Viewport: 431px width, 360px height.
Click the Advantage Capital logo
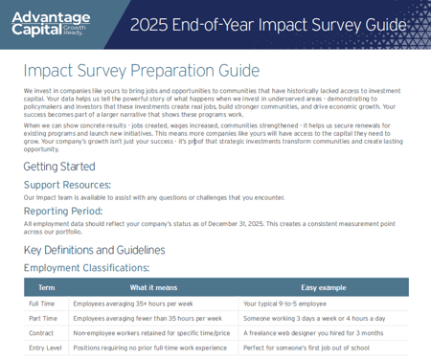pyautogui.click(x=51, y=23)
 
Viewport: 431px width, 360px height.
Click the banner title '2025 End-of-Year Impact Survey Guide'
pyautogui.click(x=267, y=25)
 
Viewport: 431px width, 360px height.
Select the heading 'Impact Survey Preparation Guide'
pyautogui.click(x=141, y=71)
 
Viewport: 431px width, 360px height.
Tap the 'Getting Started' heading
pyautogui.click(x=59, y=167)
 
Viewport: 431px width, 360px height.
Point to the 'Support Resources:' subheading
pyautogui.click(x=67, y=185)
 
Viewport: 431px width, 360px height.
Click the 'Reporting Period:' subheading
pyautogui.click(x=63, y=211)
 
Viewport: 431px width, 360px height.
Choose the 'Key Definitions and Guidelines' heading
pyautogui.click(x=94, y=250)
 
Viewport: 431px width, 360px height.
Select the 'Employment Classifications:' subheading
pyautogui.click(x=86, y=268)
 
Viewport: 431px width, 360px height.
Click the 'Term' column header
pyautogui.click(x=46, y=287)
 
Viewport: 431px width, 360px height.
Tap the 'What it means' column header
pyautogui.click(x=153, y=287)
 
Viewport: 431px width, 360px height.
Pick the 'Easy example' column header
pyautogui.click(x=324, y=287)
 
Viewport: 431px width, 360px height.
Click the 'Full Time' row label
pyautogui.click(x=42, y=304)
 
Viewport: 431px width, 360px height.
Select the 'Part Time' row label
pyautogui.click(x=43, y=318)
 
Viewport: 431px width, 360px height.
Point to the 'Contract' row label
pyautogui.click(x=41, y=333)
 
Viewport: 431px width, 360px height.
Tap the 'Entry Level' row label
pyautogui.click(x=45, y=348)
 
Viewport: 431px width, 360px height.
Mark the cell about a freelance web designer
pyautogui.click(x=312, y=333)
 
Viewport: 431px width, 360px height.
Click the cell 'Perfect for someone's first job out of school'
pyautogui.click(x=306, y=348)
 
